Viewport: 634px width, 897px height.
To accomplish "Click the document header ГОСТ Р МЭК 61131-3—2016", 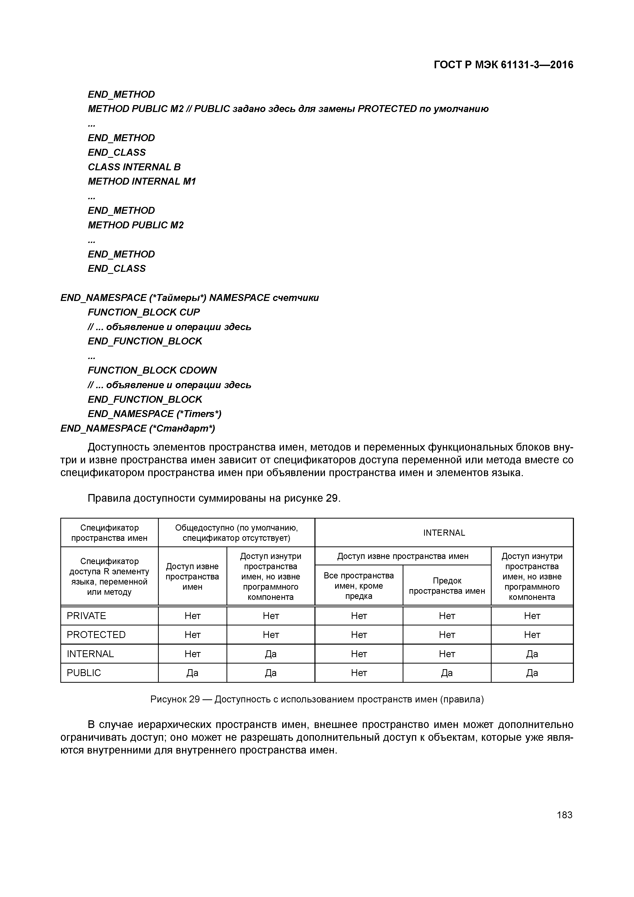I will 503,65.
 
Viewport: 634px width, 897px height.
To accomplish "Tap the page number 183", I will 564,815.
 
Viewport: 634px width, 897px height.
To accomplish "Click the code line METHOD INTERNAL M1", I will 141,182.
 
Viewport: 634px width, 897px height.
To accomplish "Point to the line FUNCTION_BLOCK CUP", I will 143,312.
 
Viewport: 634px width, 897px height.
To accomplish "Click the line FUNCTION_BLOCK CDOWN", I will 152,370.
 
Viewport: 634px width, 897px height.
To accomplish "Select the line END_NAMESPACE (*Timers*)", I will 154,414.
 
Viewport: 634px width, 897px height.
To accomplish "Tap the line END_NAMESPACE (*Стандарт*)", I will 138,429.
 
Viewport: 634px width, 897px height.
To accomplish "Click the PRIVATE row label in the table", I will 86,616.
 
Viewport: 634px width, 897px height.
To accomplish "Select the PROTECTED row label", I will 96,635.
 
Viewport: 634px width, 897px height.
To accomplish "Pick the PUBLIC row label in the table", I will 84,673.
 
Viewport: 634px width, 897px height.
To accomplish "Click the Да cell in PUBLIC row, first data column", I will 192,673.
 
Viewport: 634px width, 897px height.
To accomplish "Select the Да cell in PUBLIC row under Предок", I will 447,673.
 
